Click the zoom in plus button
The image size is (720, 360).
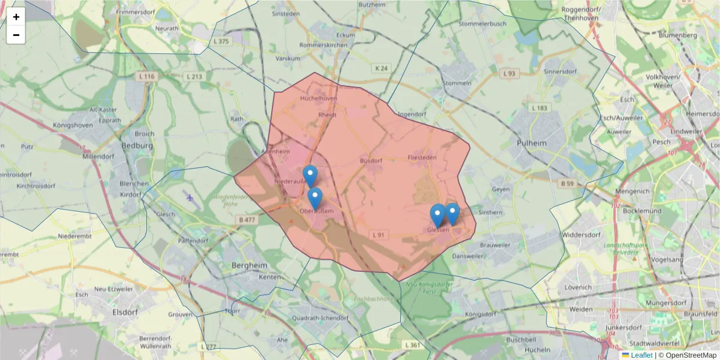16,17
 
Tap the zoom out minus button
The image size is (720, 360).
16,35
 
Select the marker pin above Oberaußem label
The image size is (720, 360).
314,197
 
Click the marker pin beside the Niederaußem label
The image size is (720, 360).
310,175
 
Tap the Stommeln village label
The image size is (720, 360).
457,82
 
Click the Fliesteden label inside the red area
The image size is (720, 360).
422,157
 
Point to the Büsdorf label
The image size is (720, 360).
371,161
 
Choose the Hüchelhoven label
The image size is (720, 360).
319,98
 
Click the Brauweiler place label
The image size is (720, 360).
495,245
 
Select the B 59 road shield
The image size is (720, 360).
568,184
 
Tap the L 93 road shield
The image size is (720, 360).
509,73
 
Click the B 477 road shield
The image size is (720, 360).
247,220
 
